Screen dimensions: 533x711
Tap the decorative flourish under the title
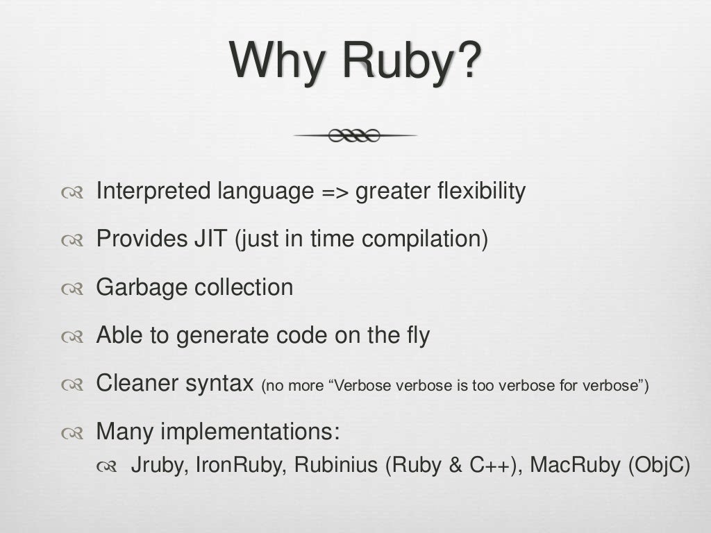click(355, 135)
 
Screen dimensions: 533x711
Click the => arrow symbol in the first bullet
click(336, 192)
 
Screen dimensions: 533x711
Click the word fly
click(415, 336)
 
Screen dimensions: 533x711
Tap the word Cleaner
click(138, 383)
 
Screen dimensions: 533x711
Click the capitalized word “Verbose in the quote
click(362, 386)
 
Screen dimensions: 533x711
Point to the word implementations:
click(250, 432)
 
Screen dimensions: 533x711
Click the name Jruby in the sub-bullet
click(158, 465)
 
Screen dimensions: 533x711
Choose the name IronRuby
click(240, 465)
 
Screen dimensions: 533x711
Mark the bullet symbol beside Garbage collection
click(72, 289)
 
